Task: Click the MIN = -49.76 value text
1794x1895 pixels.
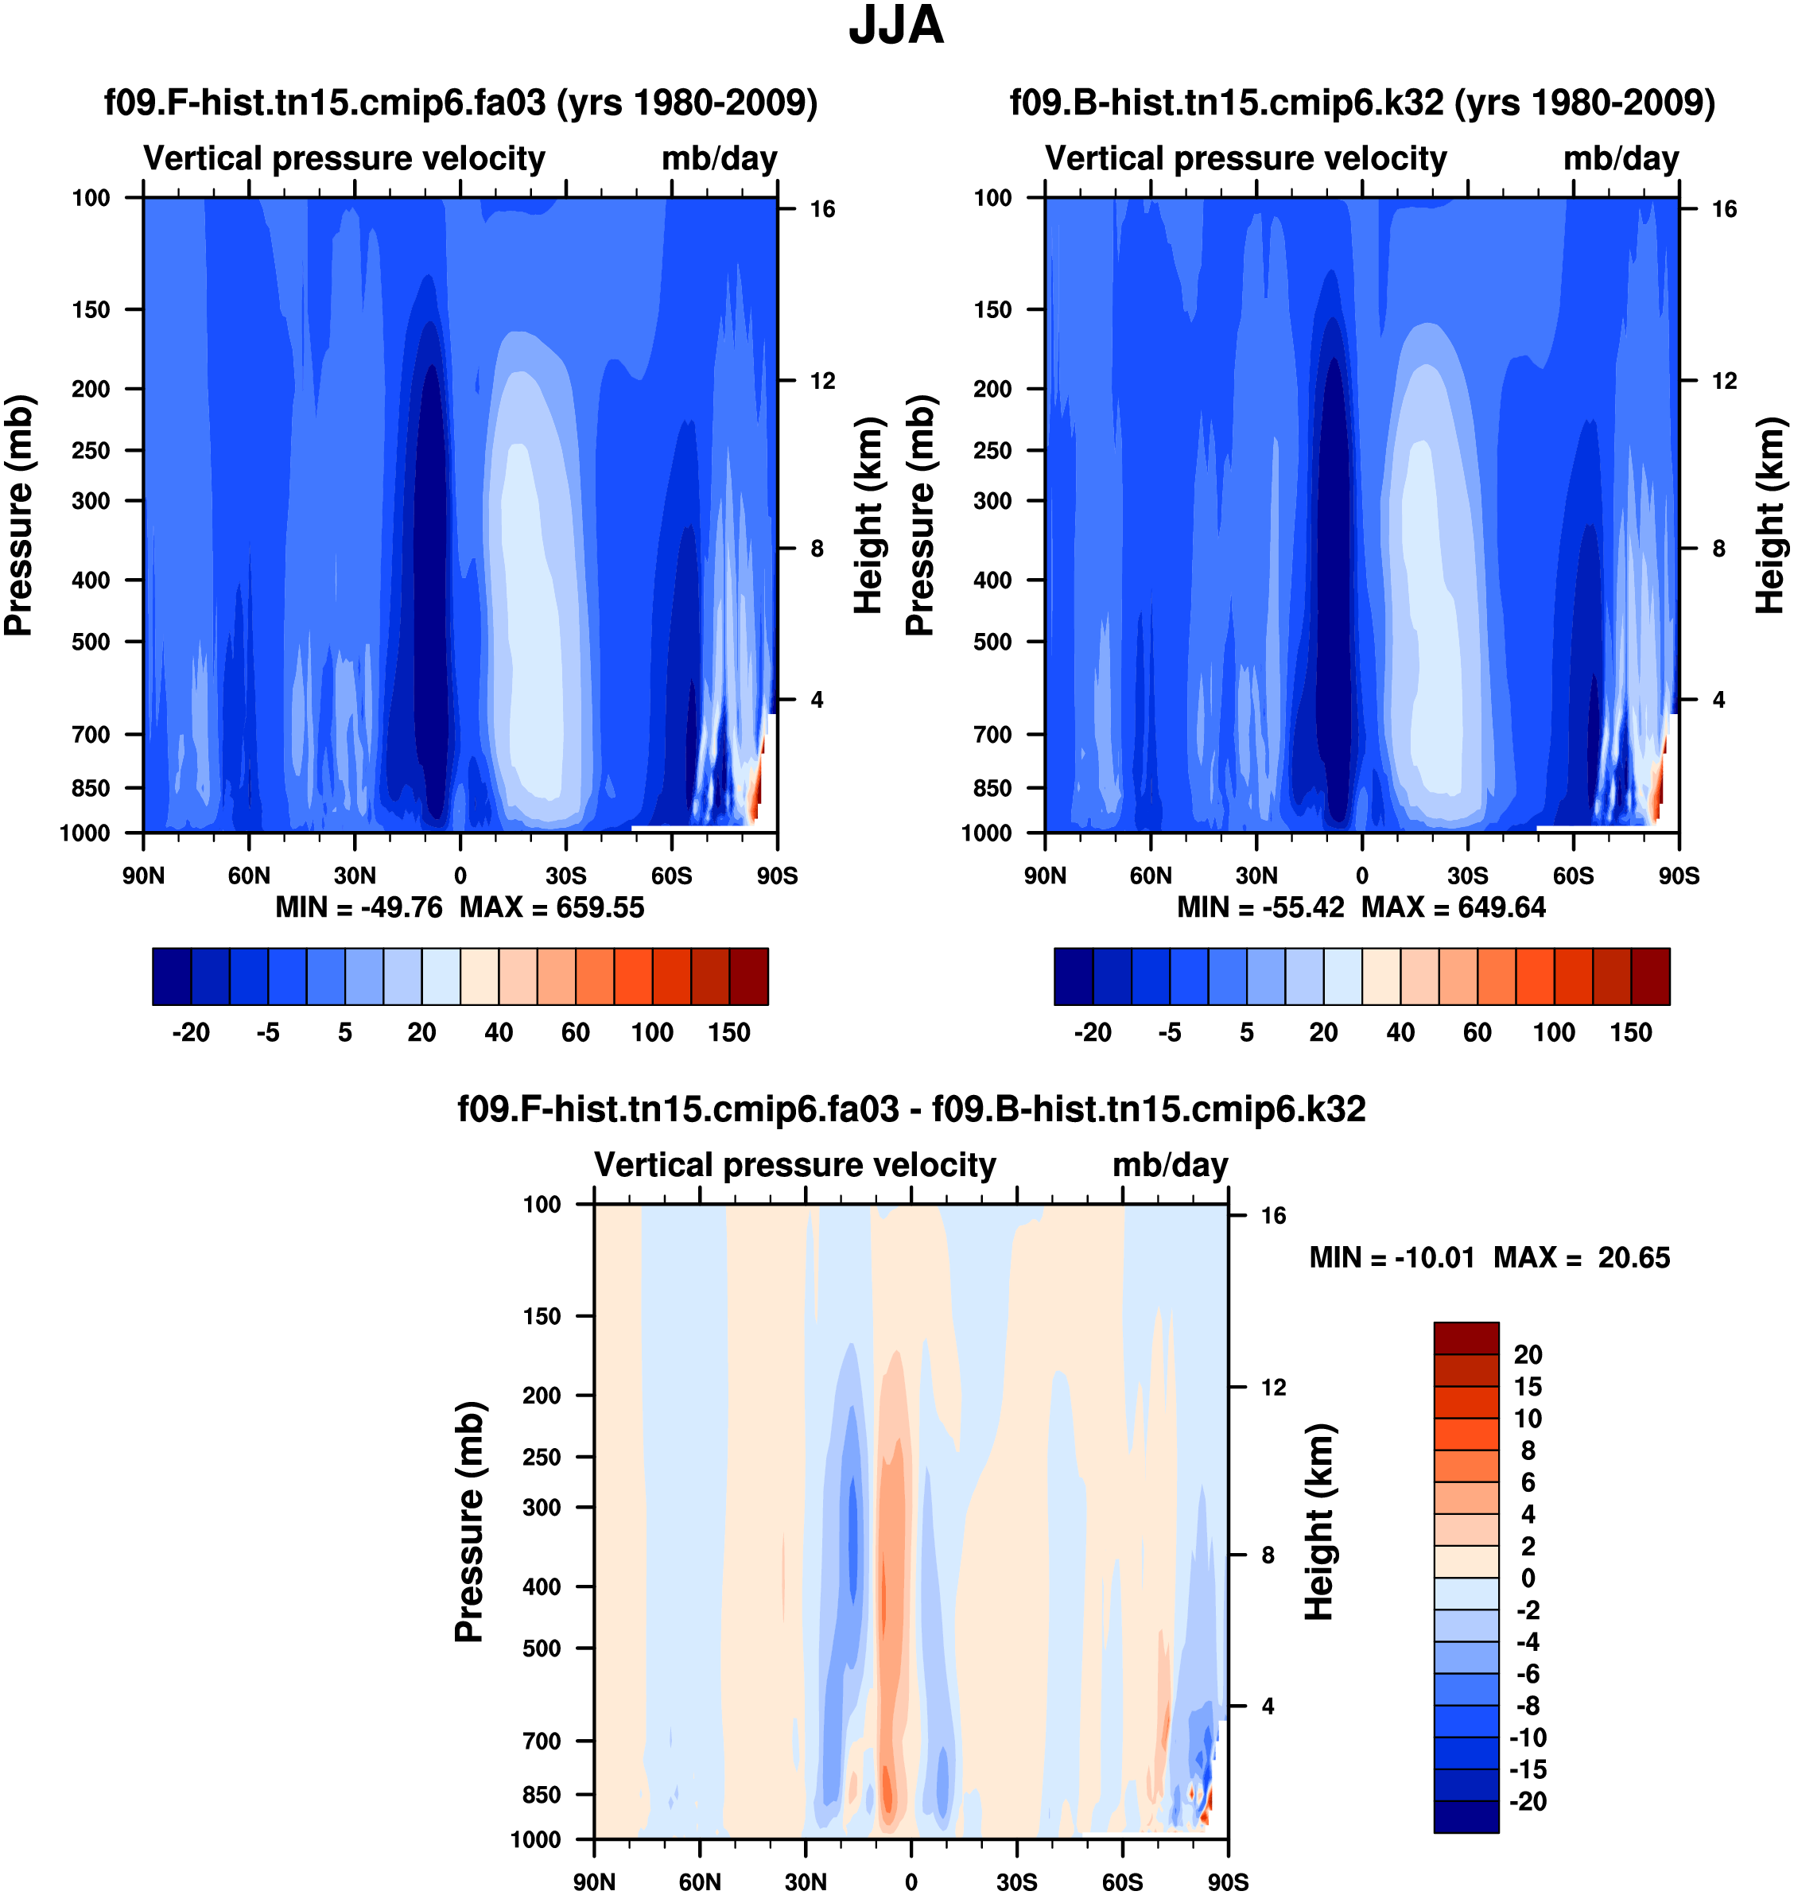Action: coord(359,907)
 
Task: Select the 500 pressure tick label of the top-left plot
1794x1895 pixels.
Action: coord(91,642)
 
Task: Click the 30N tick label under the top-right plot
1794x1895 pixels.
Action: coord(1256,876)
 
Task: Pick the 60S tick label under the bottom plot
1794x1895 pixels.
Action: coord(1122,1882)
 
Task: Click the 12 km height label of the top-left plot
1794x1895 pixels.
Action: coord(822,382)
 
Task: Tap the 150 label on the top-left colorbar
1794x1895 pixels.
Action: coord(728,1033)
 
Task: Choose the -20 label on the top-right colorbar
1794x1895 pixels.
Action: coord(1092,1033)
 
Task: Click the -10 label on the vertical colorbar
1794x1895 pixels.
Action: coord(1527,1738)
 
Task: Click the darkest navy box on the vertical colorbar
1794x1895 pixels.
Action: coord(1466,1815)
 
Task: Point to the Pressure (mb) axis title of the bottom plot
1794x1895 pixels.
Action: coord(469,1522)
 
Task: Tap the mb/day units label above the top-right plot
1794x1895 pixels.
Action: coord(1621,159)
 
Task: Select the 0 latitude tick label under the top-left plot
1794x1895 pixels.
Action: coord(460,876)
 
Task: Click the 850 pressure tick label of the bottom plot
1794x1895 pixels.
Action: coord(542,1795)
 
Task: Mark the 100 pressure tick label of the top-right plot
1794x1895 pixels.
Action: coord(992,198)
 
